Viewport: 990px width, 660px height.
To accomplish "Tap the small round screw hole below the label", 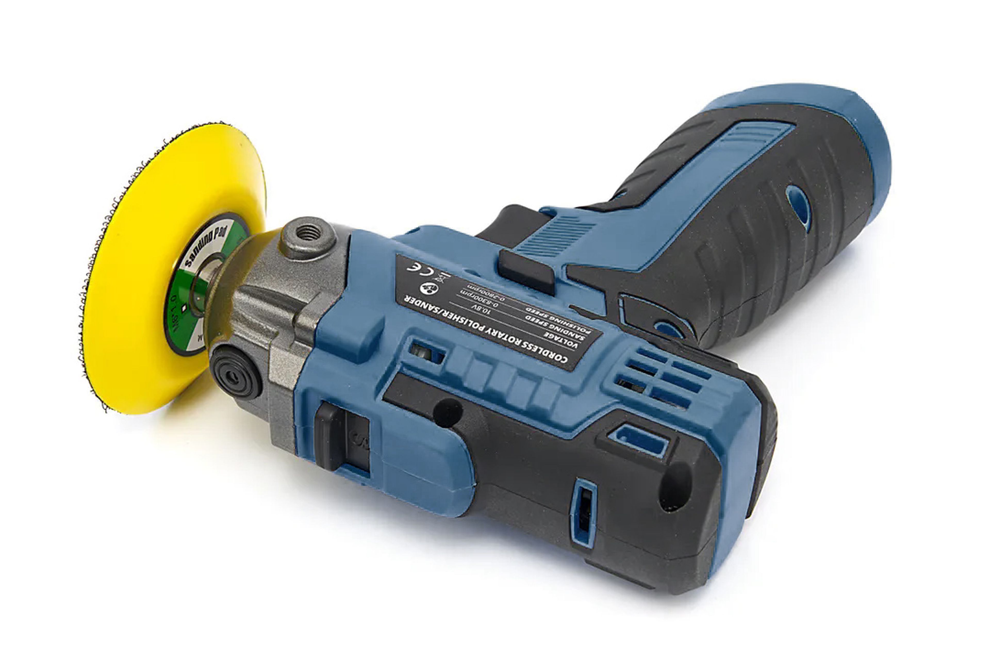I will tap(448, 412).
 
